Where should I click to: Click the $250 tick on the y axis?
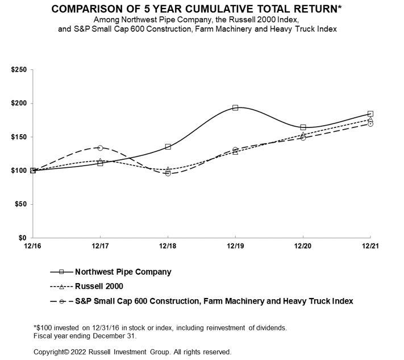[x=19, y=70]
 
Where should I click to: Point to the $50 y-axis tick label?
[x=20, y=204]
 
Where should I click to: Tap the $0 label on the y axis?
[x=23, y=238]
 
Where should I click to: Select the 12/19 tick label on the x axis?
[x=235, y=245]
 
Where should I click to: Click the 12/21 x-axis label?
[x=370, y=245]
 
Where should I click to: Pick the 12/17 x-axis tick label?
[x=100, y=245]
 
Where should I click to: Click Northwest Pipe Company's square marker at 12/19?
[x=235, y=107]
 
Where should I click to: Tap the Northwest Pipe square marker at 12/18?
[x=168, y=147]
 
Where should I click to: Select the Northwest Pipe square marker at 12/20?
[x=303, y=127]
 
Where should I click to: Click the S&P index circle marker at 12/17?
[x=100, y=148]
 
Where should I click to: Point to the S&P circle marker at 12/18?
[x=168, y=173]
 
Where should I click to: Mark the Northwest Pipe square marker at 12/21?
[x=370, y=114]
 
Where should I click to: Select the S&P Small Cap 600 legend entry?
[x=214, y=301]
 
